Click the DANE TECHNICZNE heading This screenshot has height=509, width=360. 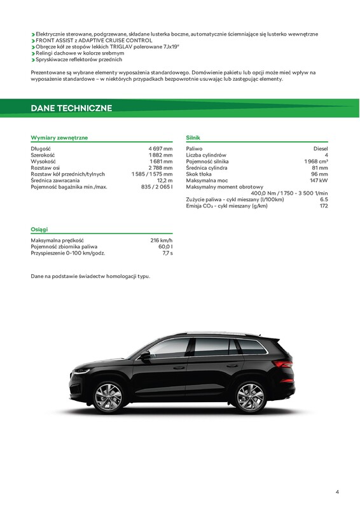click(x=71, y=108)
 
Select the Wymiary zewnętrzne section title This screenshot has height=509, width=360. click(x=59, y=137)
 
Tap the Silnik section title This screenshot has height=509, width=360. click(x=193, y=137)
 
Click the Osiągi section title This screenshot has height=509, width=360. click(x=39, y=229)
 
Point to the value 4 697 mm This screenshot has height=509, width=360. click(x=159, y=149)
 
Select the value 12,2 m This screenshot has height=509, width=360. click(x=165, y=181)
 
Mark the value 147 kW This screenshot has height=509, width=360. click(x=319, y=181)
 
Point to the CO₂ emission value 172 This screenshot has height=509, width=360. click(x=324, y=206)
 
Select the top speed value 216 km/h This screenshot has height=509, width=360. click(x=161, y=241)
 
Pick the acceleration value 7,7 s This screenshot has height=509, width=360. click(x=167, y=253)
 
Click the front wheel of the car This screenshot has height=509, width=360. click(x=108, y=396)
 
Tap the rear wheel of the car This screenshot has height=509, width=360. click(x=250, y=396)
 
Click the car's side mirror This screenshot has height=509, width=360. click(x=146, y=354)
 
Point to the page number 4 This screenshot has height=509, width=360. click(x=337, y=492)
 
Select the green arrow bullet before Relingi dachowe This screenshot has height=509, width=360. click(x=33, y=53)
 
